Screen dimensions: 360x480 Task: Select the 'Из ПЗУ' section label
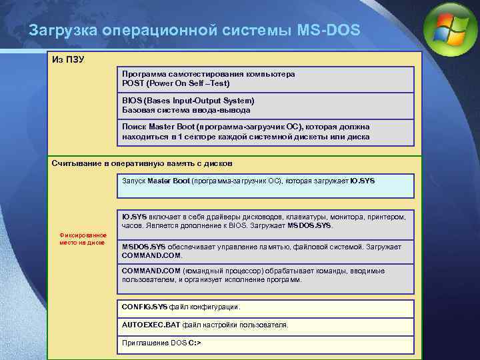[x=68, y=59]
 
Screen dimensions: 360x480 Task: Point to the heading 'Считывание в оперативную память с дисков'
[x=143, y=163]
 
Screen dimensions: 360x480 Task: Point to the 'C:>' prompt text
[x=195, y=343]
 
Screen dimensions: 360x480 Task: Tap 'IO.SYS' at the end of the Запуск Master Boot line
[x=362, y=181]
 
